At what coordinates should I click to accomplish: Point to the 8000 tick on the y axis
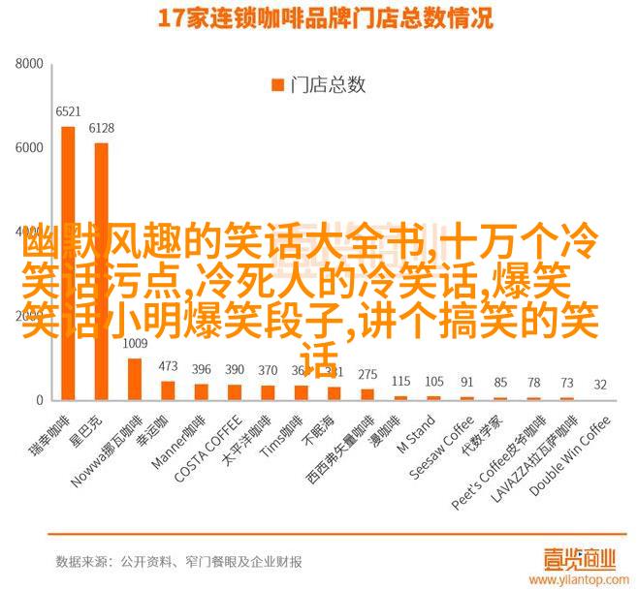29,65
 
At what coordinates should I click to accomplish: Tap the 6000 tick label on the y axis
29,148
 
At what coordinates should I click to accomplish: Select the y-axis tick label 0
40,400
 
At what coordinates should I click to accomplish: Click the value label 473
168,366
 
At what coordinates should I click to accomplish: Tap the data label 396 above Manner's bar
201,369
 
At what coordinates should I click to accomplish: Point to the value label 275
367,373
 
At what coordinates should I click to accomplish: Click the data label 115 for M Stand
400,380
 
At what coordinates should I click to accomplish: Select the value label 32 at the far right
600,385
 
